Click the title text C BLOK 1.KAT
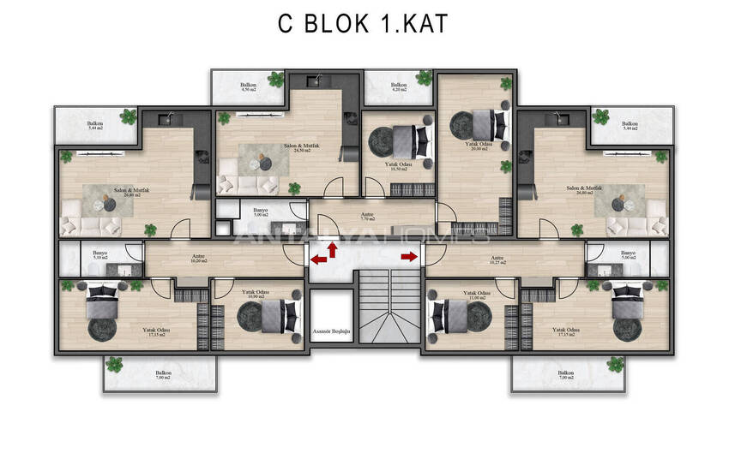click(x=362, y=24)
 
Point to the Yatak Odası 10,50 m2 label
click(x=399, y=166)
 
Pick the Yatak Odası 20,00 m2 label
click(x=478, y=147)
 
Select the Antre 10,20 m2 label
click(x=199, y=259)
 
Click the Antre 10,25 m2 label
click(x=497, y=259)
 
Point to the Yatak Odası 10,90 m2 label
click(x=255, y=295)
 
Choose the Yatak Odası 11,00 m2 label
click(x=476, y=295)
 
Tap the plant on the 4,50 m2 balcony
click(x=274, y=80)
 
